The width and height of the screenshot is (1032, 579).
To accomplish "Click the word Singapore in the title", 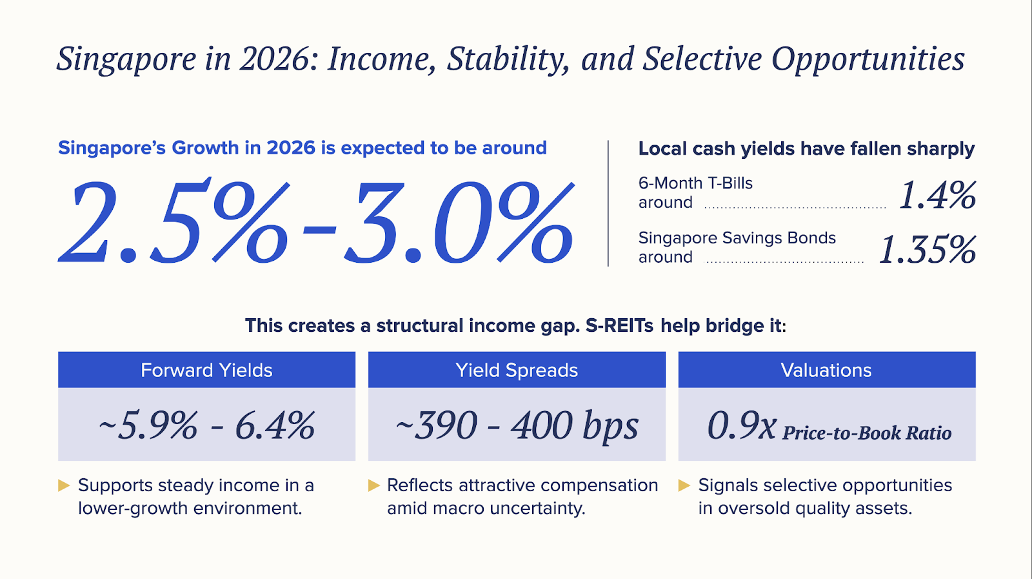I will (126, 59).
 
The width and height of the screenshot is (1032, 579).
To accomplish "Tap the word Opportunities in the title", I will (868, 59).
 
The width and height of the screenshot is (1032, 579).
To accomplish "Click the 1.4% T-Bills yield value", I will (937, 195).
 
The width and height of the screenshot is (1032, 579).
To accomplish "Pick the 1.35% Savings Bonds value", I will (927, 250).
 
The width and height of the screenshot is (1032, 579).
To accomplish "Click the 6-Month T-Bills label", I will (695, 183).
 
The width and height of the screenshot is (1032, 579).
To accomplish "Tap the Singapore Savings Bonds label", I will (737, 238).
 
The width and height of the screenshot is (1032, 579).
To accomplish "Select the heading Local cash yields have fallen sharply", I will (806, 148).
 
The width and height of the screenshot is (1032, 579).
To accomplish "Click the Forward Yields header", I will (206, 370).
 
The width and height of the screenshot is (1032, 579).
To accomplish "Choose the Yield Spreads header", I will (517, 370).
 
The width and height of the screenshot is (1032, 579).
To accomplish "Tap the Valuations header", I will (826, 370).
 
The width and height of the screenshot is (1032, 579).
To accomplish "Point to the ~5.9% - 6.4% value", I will (206, 426).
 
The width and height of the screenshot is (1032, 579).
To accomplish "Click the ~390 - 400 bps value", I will (517, 426).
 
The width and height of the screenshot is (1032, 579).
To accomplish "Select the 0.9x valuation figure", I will (742, 426).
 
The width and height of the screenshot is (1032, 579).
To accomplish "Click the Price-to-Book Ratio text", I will (867, 432).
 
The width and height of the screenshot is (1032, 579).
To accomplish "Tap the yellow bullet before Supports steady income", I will (64, 485).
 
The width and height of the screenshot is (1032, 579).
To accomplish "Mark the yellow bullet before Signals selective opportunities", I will (684, 485).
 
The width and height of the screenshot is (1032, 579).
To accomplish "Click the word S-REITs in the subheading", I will (620, 325).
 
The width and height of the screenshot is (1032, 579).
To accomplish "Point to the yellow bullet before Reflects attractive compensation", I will (373, 485).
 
